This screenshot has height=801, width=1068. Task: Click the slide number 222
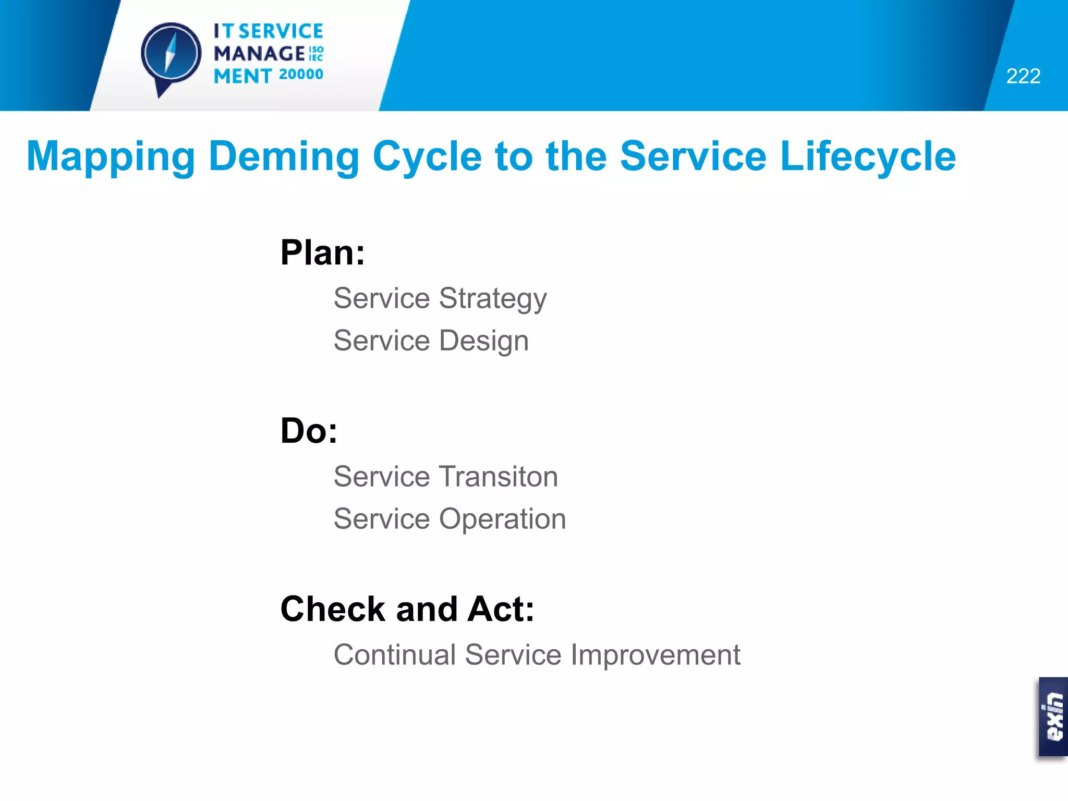click(1023, 76)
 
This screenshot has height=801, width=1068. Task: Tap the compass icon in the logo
click(171, 54)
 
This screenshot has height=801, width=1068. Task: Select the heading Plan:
click(322, 253)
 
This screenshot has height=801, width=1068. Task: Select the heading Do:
click(309, 431)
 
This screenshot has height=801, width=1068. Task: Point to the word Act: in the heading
click(501, 609)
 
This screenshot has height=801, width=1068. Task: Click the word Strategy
click(493, 299)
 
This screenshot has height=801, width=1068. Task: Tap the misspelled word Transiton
click(499, 477)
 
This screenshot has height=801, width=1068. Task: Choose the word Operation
click(503, 519)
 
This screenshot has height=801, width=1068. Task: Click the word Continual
click(395, 655)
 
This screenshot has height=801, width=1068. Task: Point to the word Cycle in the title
click(427, 156)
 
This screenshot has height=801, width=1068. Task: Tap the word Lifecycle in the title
click(868, 156)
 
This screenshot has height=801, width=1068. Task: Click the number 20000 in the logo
click(301, 75)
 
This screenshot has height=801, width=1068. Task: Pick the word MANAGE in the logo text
click(259, 53)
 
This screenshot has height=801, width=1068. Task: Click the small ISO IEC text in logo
click(316, 54)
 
